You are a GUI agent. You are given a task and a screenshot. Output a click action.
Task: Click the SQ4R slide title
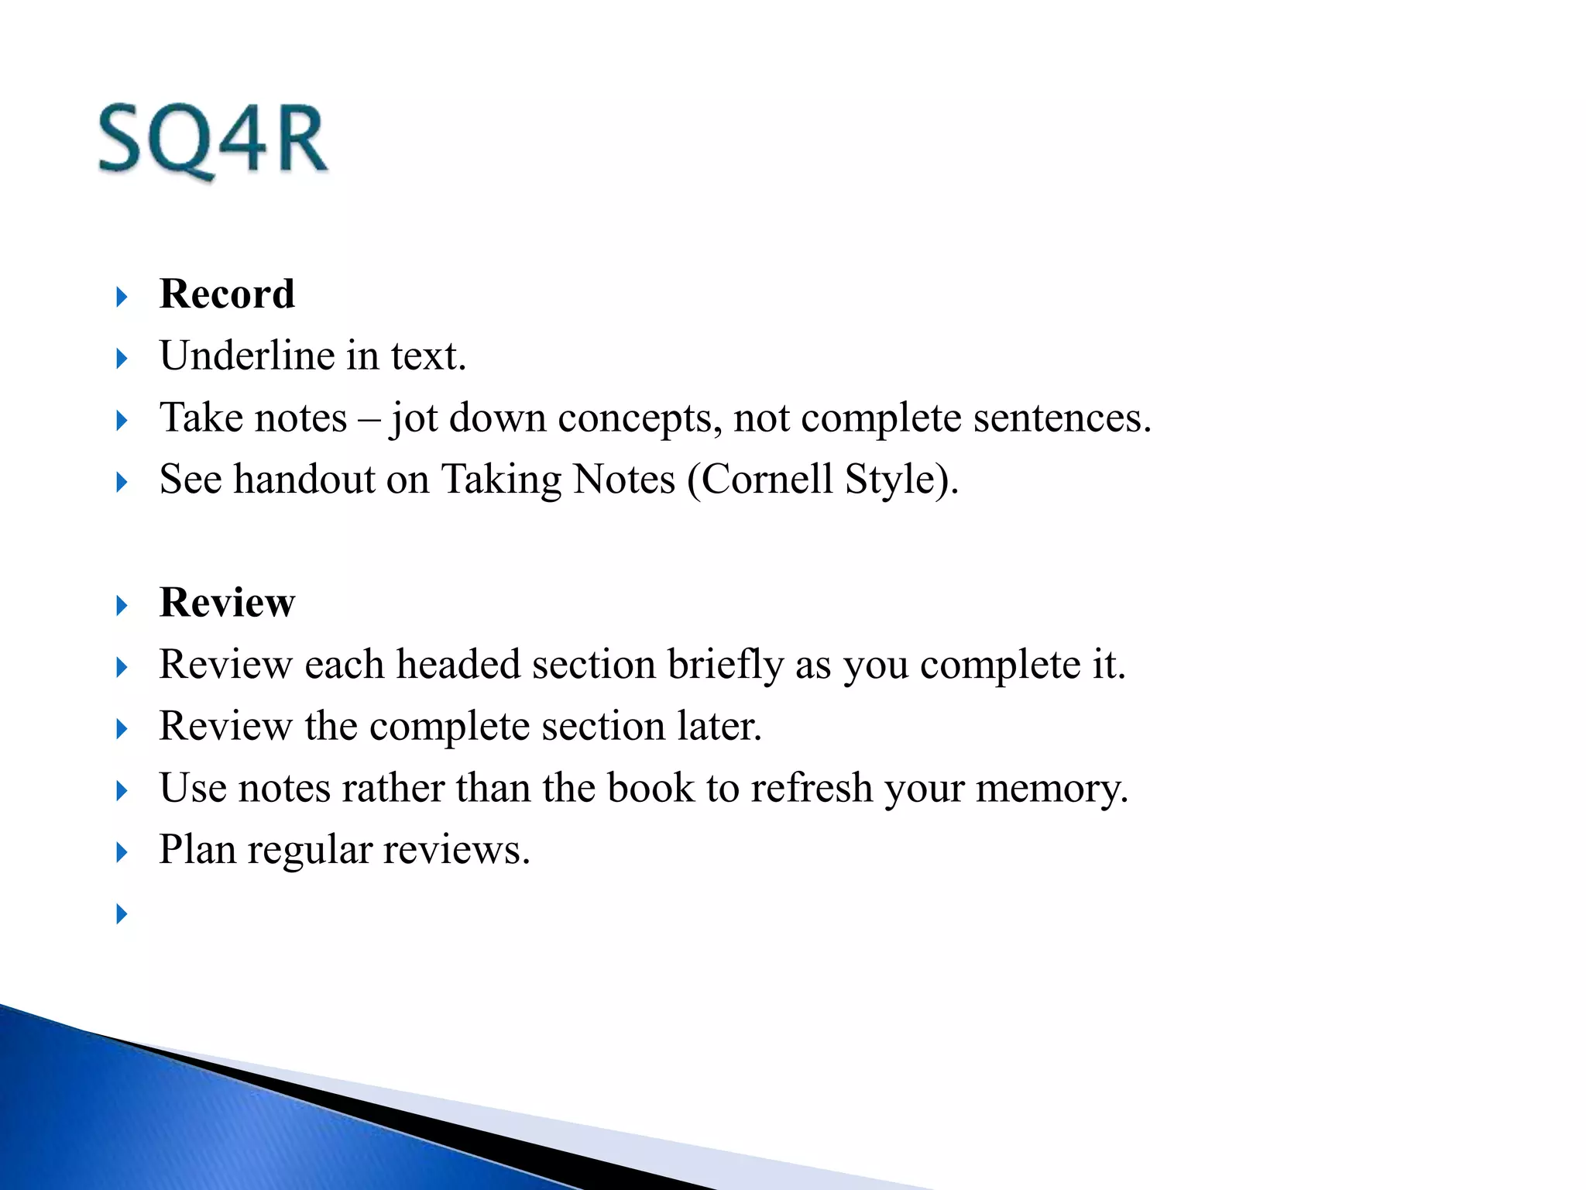click(x=213, y=141)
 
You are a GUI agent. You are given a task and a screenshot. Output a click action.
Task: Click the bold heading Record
click(x=227, y=294)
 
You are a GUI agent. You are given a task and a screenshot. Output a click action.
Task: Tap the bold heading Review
click(x=227, y=603)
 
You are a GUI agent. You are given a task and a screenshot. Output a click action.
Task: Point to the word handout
click(x=304, y=480)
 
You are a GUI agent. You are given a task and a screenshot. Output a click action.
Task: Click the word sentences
click(x=1062, y=418)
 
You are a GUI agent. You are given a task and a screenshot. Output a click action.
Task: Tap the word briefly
click(x=726, y=665)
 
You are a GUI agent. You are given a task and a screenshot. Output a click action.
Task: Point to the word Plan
click(x=197, y=850)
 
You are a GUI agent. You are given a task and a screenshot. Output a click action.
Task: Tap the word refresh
click(x=812, y=789)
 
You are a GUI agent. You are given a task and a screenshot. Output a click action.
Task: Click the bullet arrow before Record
click(x=122, y=297)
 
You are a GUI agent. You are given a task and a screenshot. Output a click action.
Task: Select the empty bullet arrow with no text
click(x=122, y=914)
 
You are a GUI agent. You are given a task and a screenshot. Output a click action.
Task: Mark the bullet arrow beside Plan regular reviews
click(x=122, y=852)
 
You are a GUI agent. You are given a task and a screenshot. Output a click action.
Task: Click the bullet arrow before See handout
click(x=122, y=482)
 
